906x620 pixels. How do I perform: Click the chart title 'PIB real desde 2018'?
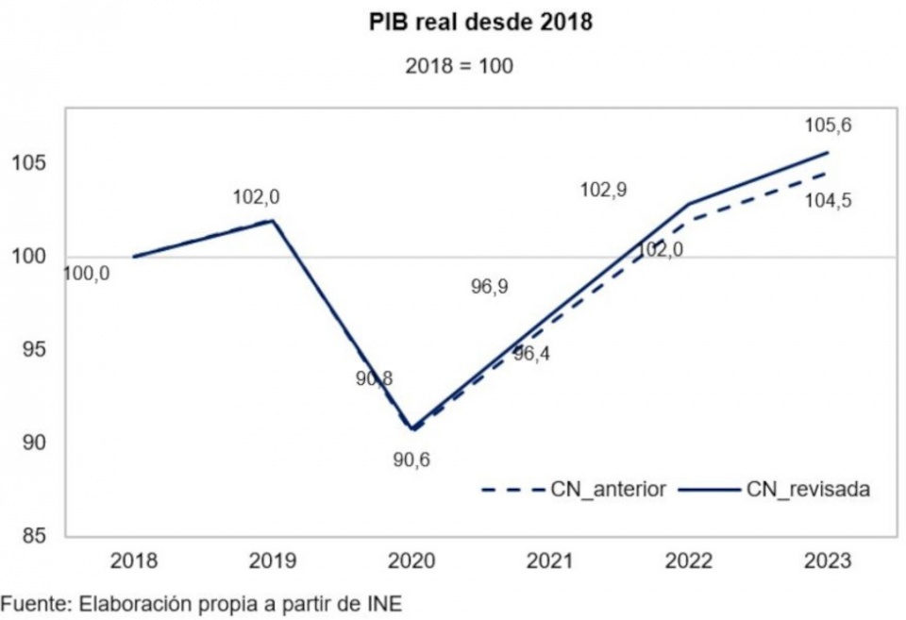(x=480, y=22)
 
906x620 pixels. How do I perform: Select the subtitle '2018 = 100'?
(x=459, y=66)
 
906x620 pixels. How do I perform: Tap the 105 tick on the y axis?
(x=29, y=163)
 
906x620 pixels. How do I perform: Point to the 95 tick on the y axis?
(x=34, y=349)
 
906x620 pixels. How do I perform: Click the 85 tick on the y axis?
(x=34, y=536)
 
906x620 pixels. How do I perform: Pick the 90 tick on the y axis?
(x=34, y=443)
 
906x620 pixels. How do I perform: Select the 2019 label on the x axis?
(x=272, y=561)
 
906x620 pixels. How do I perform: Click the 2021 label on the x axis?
(x=550, y=561)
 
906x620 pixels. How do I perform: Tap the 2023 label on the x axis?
(x=828, y=561)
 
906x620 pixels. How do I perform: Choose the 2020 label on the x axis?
(x=411, y=561)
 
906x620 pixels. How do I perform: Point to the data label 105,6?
(x=828, y=126)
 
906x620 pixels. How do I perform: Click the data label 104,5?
(x=828, y=202)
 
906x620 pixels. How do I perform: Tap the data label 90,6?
(x=411, y=460)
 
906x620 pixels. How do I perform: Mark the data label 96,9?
(x=490, y=287)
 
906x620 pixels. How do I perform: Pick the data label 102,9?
(x=604, y=190)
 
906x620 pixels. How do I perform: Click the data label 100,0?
(x=86, y=274)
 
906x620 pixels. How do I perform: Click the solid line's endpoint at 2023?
(x=828, y=153)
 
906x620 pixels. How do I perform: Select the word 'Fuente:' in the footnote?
(x=37, y=604)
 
